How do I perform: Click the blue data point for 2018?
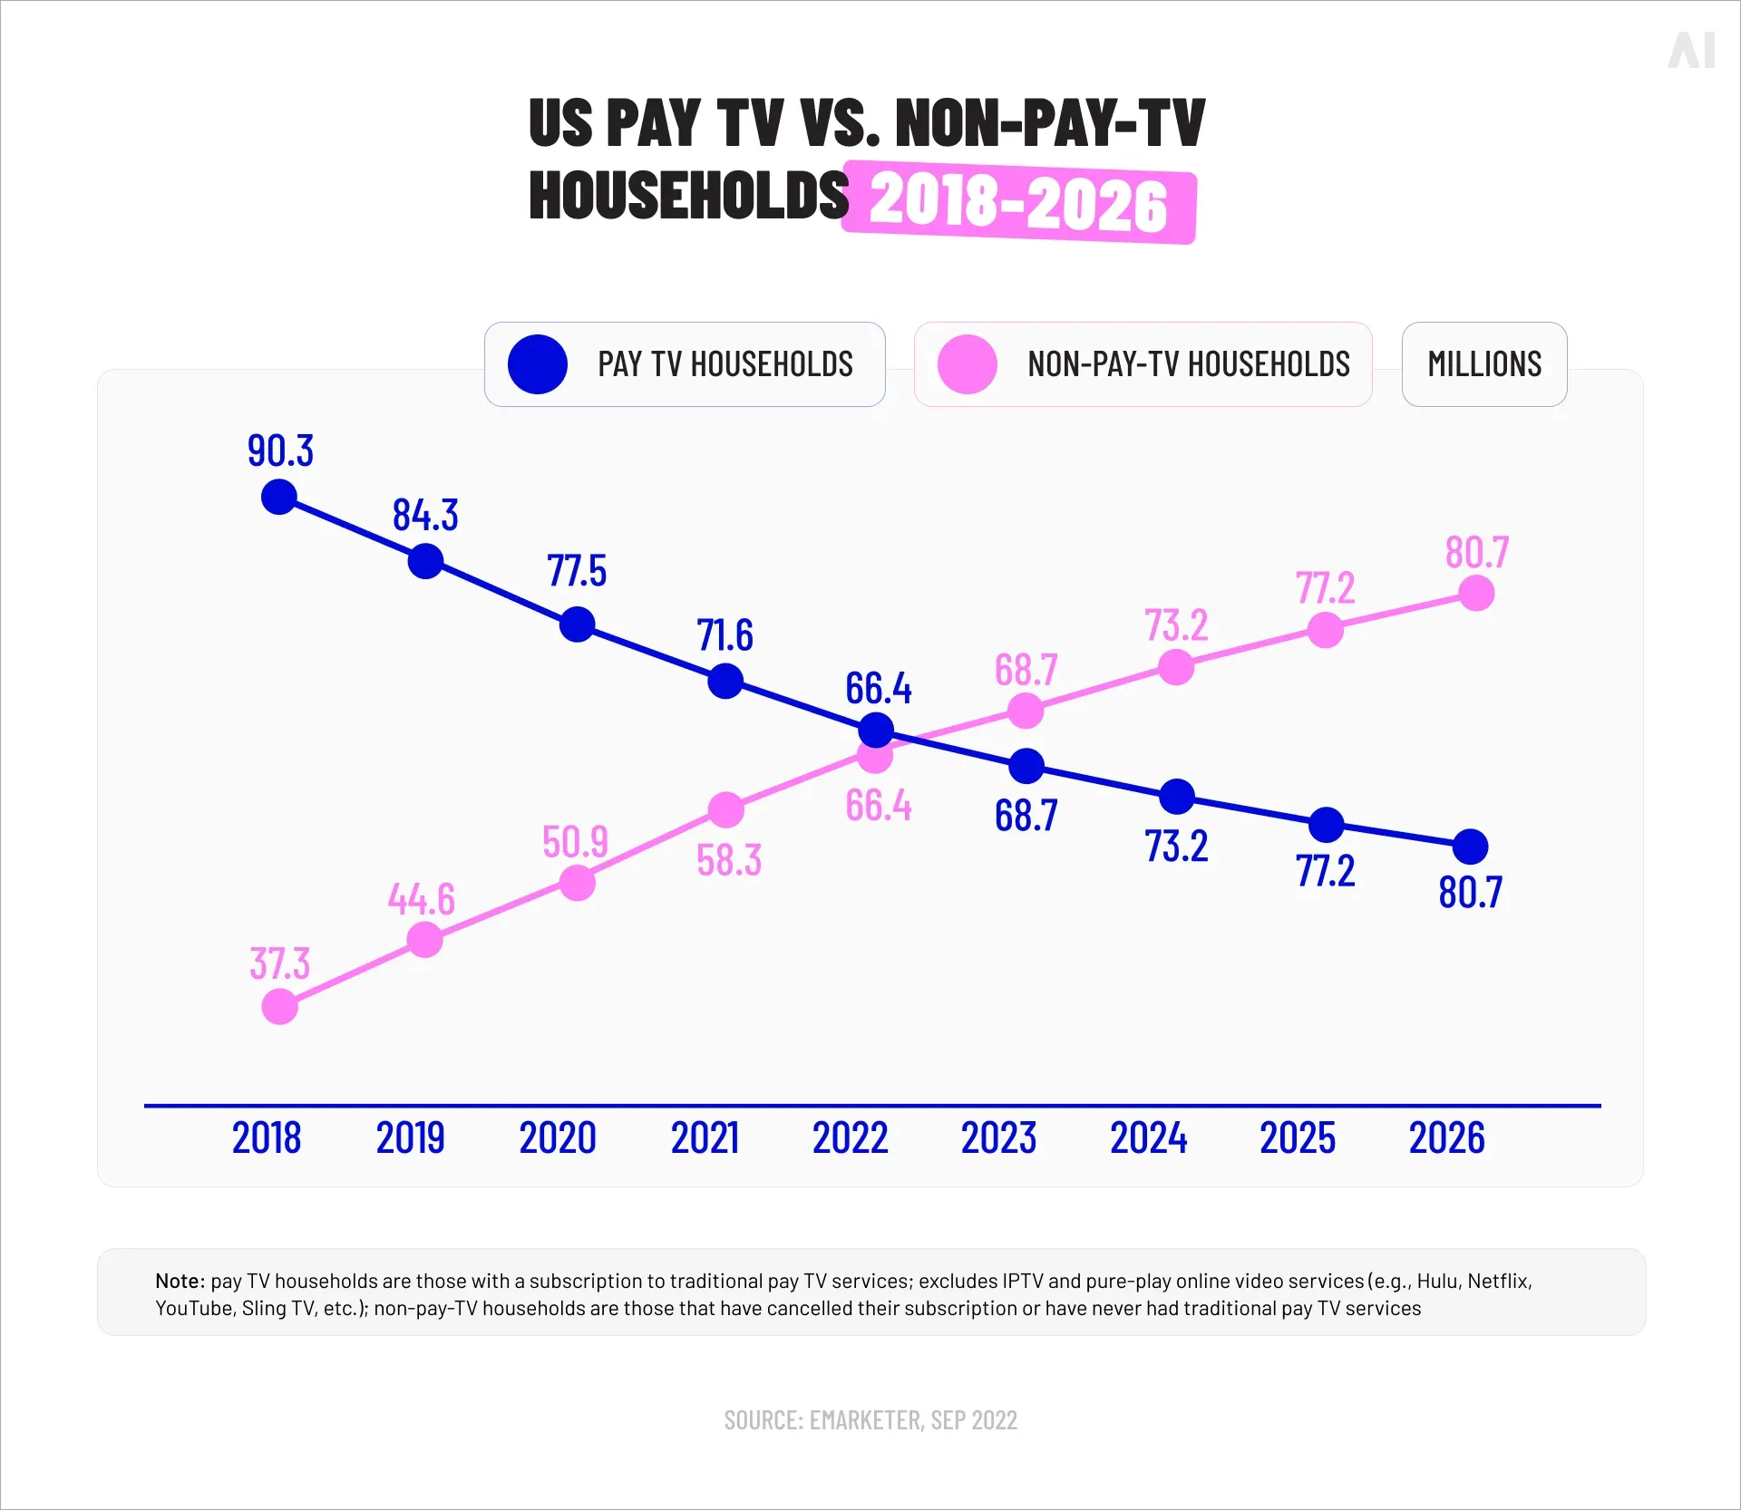click(x=279, y=497)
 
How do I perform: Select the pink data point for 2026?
click(x=1476, y=594)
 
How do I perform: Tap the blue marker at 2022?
click(x=876, y=729)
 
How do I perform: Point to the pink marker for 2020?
click(x=578, y=883)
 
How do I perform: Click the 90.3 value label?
click(x=280, y=451)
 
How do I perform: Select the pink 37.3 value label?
click(x=280, y=963)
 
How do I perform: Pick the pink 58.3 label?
click(x=729, y=860)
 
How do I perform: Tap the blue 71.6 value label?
click(x=725, y=635)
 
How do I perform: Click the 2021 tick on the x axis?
click(x=705, y=1138)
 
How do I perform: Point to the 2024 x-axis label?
click(x=1148, y=1138)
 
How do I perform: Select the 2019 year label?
click(x=410, y=1138)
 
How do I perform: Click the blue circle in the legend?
click(x=538, y=364)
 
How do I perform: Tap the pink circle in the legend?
click(x=968, y=364)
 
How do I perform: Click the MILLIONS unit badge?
click(x=1484, y=364)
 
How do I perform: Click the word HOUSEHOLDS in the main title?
click(x=688, y=196)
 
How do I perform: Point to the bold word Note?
click(x=180, y=1281)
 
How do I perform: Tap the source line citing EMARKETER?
click(x=870, y=1420)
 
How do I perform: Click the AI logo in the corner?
click(x=1691, y=50)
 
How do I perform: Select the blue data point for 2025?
click(x=1327, y=825)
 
